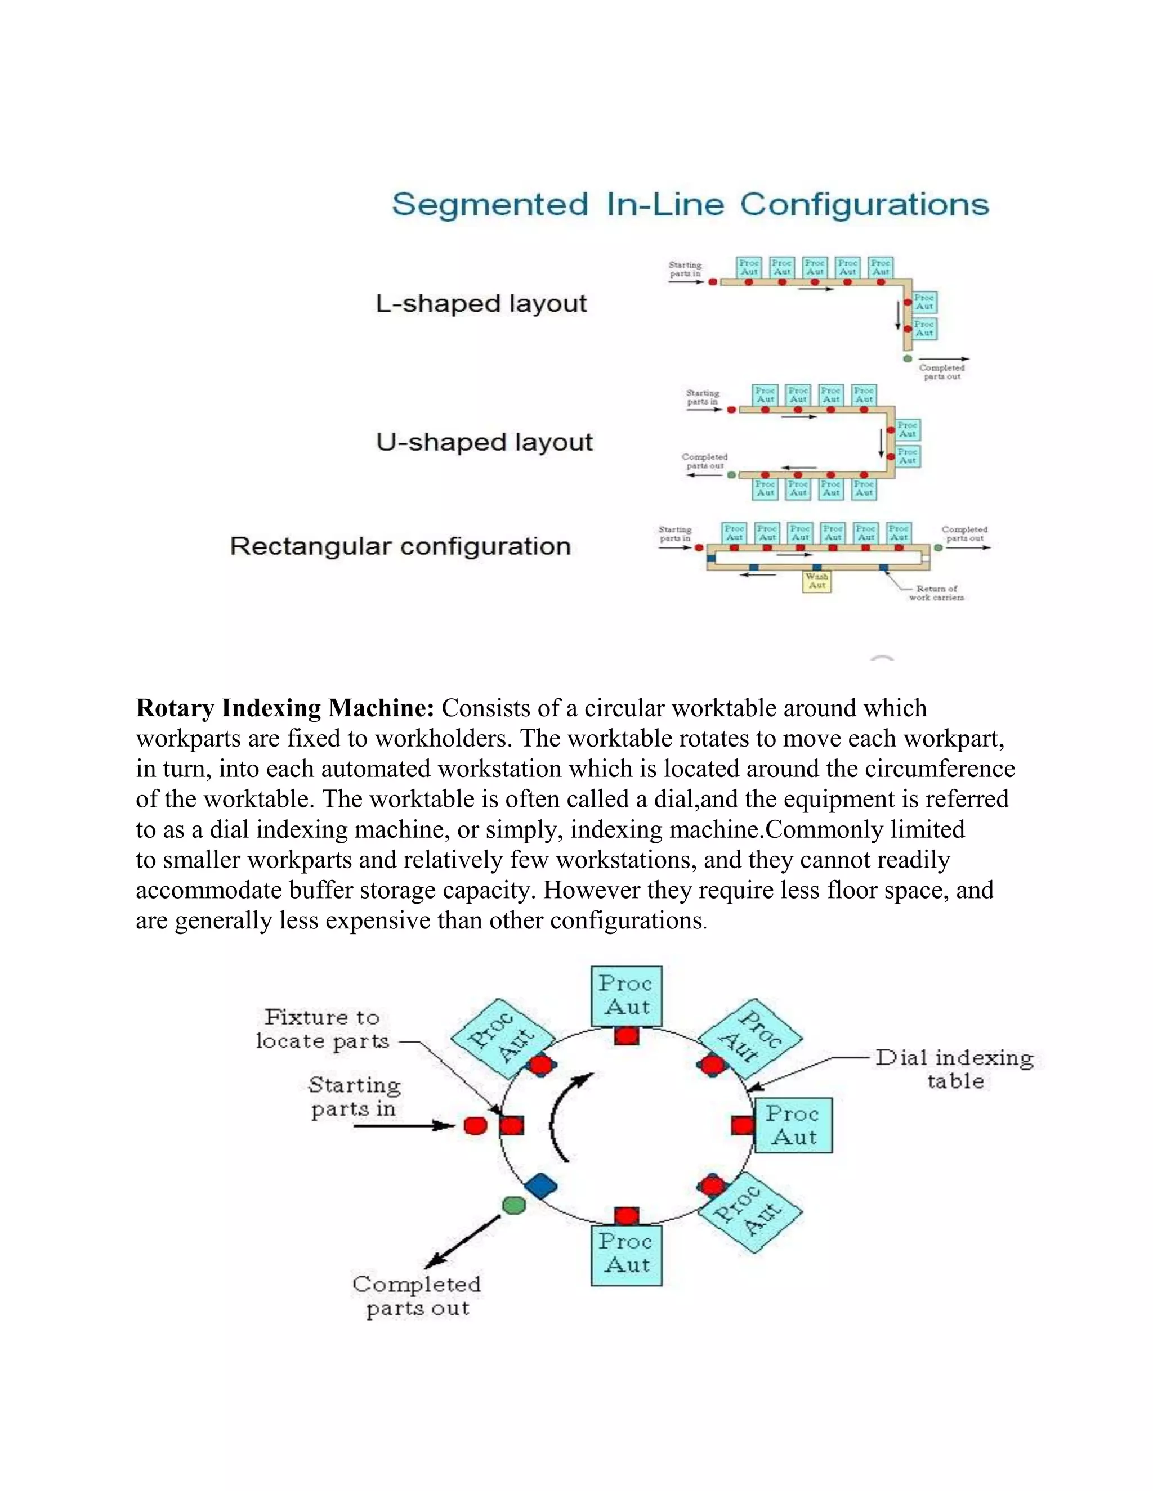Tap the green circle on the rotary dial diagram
(513, 1206)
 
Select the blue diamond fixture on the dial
(541, 1186)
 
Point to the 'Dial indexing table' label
(955, 1069)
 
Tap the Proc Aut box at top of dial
(627, 995)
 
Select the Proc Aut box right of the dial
(793, 1125)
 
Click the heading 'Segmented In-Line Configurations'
(690, 204)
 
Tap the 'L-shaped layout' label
(481, 303)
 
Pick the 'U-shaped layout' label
(484, 442)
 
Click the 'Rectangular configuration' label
(400, 546)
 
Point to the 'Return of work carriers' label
(936, 592)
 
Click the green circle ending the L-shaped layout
(907, 358)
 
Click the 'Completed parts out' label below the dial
(417, 1296)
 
